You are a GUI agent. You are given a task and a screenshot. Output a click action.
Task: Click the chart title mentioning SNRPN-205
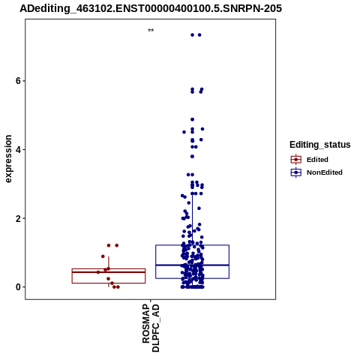point(151,8)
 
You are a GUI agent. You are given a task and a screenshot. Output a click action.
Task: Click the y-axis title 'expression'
point(8,159)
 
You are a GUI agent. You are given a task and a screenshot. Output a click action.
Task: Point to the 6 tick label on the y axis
point(18,81)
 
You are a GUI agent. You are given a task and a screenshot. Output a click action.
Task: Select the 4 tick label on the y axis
point(18,150)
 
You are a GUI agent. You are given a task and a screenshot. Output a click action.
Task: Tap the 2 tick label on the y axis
point(18,218)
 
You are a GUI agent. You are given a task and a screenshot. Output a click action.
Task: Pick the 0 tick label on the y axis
point(18,287)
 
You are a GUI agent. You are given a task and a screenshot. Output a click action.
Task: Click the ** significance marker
point(151,31)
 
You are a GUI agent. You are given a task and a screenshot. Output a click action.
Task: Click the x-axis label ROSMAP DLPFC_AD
point(151,328)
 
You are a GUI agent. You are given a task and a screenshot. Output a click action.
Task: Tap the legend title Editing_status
point(320,145)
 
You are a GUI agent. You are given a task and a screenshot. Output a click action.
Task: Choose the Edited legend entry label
point(317,160)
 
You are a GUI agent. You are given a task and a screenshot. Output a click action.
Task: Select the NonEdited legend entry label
point(325,172)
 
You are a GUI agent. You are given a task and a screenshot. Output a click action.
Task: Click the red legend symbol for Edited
point(296,160)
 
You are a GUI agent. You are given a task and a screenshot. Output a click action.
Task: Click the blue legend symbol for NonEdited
point(296,172)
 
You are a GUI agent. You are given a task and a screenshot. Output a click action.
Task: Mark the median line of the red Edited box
point(109,272)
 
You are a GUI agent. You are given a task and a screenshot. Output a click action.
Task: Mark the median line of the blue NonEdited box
point(192,265)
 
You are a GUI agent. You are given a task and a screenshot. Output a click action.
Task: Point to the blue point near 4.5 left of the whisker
point(184,132)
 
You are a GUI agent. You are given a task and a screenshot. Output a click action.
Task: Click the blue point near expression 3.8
point(192,157)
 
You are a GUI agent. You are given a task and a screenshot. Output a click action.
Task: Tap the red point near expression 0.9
point(103,256)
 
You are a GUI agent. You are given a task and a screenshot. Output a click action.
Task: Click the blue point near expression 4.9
point(192,119)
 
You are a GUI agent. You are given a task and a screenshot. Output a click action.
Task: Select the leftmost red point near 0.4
point(98,272)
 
